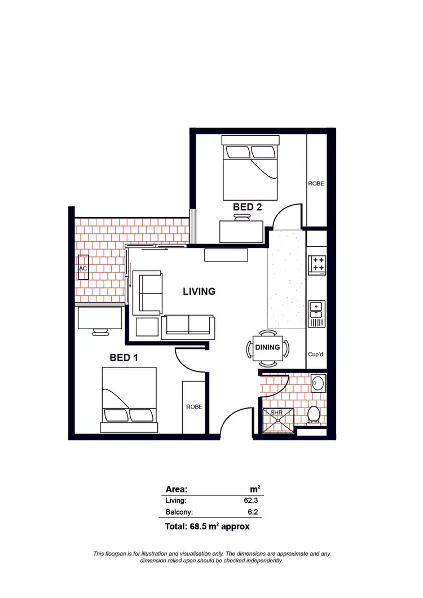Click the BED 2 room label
pos(247,207)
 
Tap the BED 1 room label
pos(124,357)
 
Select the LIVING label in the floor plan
pos(199,291)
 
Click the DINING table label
pos(267,347)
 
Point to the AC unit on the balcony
pos(83,269)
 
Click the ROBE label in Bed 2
pos(316,183)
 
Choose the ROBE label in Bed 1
pos(194,406)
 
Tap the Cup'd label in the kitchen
pos(316,355)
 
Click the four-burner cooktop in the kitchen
pos(317,264)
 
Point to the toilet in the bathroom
pos(314,415)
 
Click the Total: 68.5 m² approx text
pos(207,527)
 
